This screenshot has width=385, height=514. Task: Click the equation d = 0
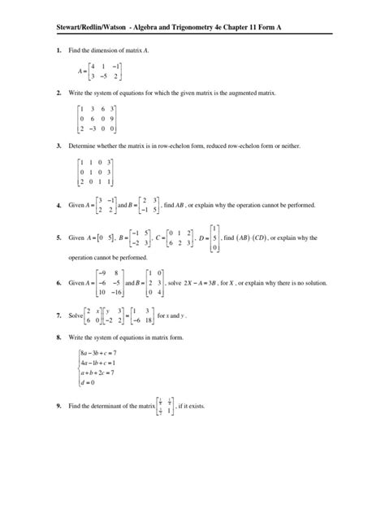(87, 404)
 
